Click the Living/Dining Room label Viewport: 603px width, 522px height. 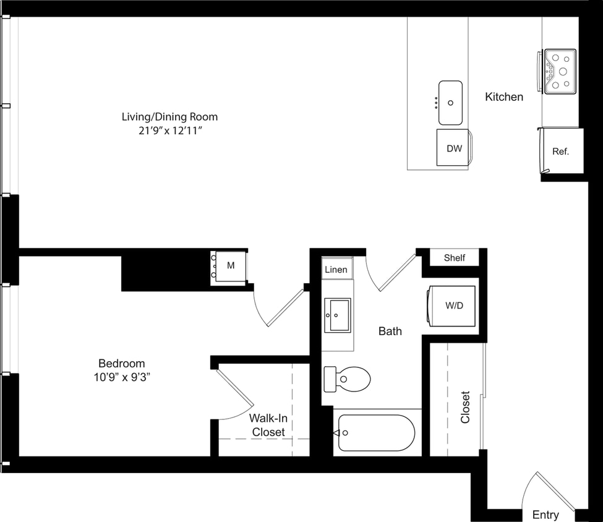click(169, 116)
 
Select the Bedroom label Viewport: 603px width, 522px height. click(121, 363)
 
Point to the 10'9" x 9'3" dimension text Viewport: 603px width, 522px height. click(121, 377)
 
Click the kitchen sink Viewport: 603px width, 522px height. click(450, 103)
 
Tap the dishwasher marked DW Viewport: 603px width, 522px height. click(454, 148)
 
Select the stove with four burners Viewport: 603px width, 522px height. click(560, 71)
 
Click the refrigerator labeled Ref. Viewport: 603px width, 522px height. click(560, 151)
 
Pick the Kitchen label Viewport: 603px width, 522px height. click(503, 96)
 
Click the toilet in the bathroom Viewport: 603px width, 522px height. click(348, 379)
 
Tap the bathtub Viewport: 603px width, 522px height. click(376, 433)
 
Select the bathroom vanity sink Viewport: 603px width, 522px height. click(338, 315)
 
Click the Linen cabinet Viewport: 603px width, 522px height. click(336, 270)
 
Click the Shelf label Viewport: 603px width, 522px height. click(454, 258)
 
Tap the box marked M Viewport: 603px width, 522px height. click(230, 266)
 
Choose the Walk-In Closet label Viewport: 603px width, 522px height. click(268, 426)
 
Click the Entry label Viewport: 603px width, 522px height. click(545, 515)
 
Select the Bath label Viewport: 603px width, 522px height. click(390, 331)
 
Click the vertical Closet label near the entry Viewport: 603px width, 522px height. click(465, 406)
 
